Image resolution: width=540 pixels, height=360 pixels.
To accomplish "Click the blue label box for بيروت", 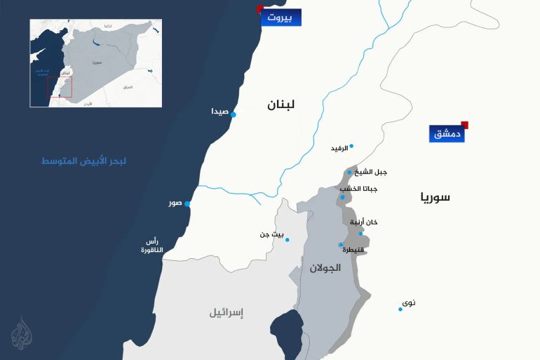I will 281,18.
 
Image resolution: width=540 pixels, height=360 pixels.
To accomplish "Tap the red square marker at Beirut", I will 260,8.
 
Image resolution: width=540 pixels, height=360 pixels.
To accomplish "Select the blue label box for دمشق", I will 447,133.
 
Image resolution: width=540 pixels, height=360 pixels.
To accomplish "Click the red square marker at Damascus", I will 464,125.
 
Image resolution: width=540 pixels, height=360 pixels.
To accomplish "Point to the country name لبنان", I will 281,105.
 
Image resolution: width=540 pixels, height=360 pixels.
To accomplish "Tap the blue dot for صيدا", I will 234,114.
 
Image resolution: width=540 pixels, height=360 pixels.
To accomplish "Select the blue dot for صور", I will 187,204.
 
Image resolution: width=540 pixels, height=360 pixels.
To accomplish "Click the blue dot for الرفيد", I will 351,146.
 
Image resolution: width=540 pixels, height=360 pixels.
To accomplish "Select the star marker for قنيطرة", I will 341,244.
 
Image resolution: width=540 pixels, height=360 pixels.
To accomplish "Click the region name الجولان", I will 325,267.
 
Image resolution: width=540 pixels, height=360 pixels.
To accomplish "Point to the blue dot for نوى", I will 400,309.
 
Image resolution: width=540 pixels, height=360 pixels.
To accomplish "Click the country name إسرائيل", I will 226,313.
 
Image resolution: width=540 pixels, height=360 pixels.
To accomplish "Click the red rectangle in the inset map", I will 59,87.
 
